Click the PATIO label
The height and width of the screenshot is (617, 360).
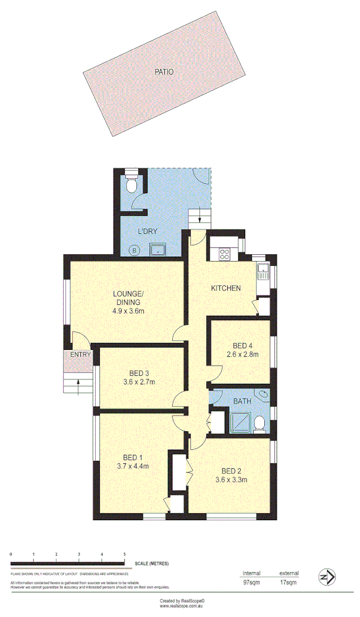point(164,72)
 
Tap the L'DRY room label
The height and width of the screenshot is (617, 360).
point(148,231)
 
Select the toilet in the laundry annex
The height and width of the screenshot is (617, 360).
point(132,183)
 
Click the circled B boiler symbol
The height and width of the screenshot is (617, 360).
point(134,251)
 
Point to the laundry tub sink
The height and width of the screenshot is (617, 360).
point(159,250)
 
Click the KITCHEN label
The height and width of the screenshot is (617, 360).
point(225,288)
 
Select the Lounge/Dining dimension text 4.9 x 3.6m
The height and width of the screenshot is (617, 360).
point(128,311)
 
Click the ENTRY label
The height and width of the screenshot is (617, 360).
point(80,355)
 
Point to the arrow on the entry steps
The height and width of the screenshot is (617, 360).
point(78,383)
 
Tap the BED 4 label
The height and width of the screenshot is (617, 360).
point(242,346)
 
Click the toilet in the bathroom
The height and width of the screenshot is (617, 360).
point(260,423)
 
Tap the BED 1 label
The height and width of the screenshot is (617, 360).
point(133,457)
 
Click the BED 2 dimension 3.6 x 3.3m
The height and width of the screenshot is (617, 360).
point(231,479)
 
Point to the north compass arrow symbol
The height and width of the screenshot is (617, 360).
point(327,578)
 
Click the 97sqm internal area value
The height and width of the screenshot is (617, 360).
point(251,582)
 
